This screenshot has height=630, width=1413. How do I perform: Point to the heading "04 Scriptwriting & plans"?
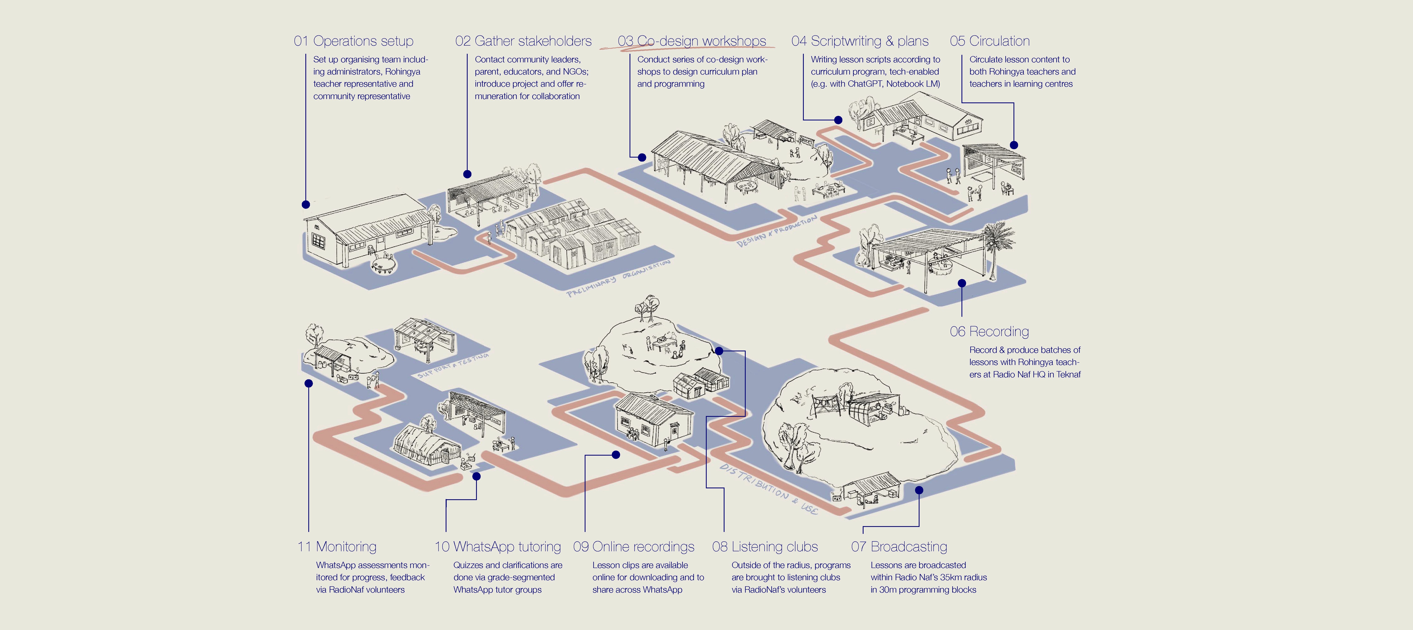[x=860, y=41]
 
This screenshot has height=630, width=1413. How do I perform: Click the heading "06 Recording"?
[x=989, y=332]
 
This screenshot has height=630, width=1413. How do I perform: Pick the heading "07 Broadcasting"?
[x=899, y=547]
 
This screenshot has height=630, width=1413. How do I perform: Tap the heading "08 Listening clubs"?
[x=765, y=547]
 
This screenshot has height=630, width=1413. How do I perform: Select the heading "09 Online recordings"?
[x=633, y=547]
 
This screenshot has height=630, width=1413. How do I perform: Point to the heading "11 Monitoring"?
[x=337, y=547]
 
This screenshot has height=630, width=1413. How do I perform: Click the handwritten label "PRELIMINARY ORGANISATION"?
[x=618, y=278]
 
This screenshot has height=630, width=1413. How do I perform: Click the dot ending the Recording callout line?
[x=961, y=283]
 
